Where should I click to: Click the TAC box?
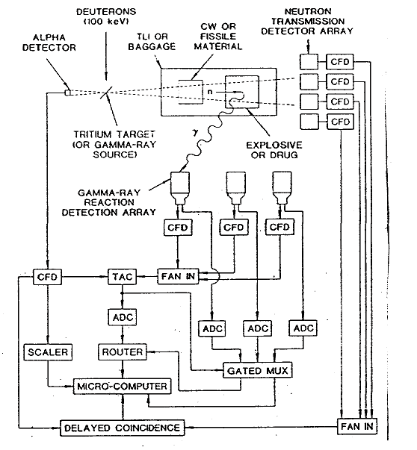point(122,277)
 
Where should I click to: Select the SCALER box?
point(48,351)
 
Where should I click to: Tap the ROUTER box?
point(123,351)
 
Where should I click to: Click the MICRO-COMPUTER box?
point(122,387)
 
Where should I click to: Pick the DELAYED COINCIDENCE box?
point(122,428)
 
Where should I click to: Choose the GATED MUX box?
point(258,370)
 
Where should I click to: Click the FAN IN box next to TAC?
point(178,276)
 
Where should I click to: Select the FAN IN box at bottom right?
point(357,426)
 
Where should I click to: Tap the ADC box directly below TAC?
point(123,317)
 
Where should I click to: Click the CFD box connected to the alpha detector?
point(47,277)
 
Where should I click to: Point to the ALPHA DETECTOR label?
point(49,43)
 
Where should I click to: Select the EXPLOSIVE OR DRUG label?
point(274,150)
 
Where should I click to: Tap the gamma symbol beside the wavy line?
point(196,133)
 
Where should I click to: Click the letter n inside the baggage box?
point(210,92)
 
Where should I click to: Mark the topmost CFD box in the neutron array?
point(340,62)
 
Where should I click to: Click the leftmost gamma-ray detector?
point(180,188)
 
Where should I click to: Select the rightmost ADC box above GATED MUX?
point(303,328)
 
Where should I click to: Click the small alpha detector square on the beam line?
point(68,93)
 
